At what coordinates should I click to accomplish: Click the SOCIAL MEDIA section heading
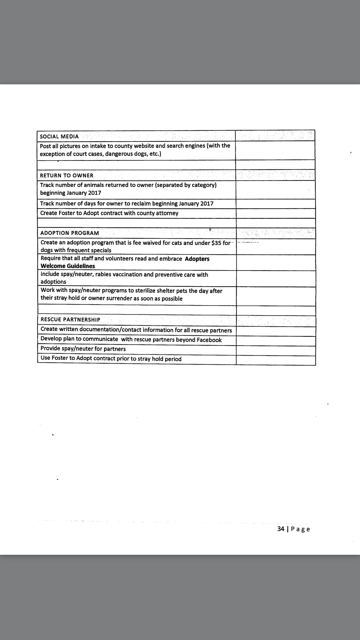click(59, 136)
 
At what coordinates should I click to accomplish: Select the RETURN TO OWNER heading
click(67, 175)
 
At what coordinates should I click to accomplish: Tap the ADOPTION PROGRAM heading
click(70, 233)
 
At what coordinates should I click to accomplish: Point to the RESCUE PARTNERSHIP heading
click(70, 320)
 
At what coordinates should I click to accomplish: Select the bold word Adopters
click(197, 259)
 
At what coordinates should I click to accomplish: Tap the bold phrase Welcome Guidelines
click(68, 266)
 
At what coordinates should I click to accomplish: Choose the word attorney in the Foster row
click(166, 213)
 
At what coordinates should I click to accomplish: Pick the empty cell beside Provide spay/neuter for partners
click(276, 350)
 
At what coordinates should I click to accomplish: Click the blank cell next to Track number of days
click(275, 204)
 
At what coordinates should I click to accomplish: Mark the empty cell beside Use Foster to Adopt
click(276, 360)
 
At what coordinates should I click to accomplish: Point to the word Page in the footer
click(300, 529)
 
